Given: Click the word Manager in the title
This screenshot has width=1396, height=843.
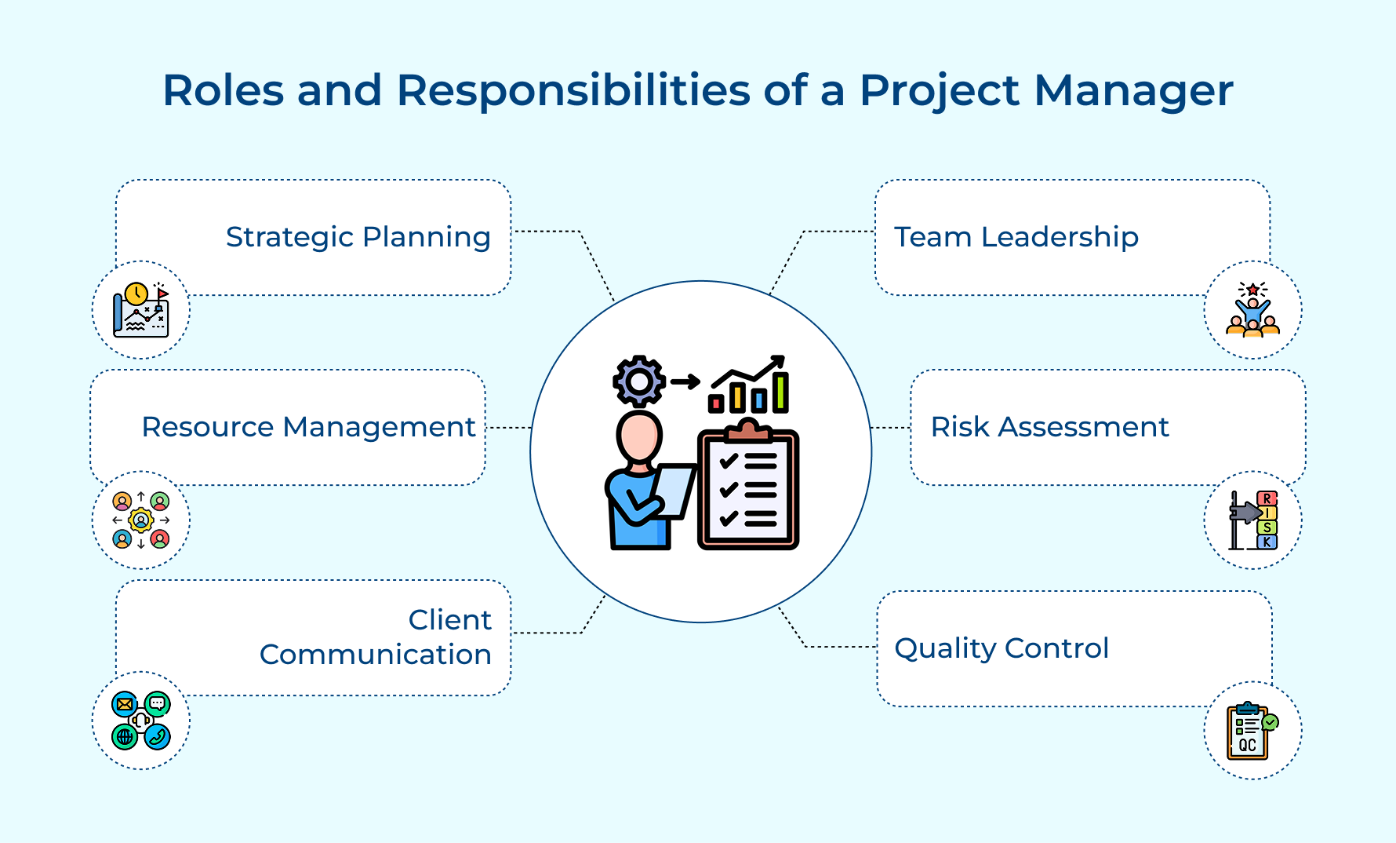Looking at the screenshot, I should coord(1133,91).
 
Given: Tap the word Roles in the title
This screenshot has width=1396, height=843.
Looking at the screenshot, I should coord(223,91).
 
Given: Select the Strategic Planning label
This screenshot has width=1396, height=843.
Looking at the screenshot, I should coord(358,237).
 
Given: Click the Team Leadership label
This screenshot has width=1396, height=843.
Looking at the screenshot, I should coord(1016,237).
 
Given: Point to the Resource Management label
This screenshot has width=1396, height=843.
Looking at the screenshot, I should coord(308,427).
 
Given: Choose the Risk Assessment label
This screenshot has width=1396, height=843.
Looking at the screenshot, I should coord(1049,427).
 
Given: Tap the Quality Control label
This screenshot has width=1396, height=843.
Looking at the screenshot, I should coord(1001,648).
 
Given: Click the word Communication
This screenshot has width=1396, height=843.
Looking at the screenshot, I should coord(375,655).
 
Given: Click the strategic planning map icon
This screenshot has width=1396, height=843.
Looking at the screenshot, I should coord(141,310).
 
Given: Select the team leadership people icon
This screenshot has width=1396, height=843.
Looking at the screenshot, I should coord(1252,310).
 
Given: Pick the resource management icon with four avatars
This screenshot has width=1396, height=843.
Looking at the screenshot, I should coord(141,520).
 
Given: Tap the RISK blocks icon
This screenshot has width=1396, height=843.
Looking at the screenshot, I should coord(1252,520).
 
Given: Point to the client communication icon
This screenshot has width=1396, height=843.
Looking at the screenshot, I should coord(141,721).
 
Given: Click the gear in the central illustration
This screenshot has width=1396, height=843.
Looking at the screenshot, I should coord(639,381).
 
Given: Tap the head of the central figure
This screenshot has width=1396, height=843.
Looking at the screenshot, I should coord(638,437).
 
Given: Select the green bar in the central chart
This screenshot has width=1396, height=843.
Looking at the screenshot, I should coord(780,392).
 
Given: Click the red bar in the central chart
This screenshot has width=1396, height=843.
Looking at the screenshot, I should coord(715,403).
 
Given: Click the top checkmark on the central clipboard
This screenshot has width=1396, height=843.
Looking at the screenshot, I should coord(728,461).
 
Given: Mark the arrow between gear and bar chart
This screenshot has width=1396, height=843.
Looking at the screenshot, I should coord(685,382).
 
